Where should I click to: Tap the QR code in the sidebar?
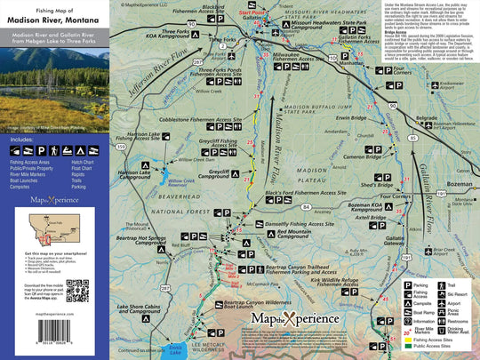pos(78,291)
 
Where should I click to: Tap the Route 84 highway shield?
pos(305,206)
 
